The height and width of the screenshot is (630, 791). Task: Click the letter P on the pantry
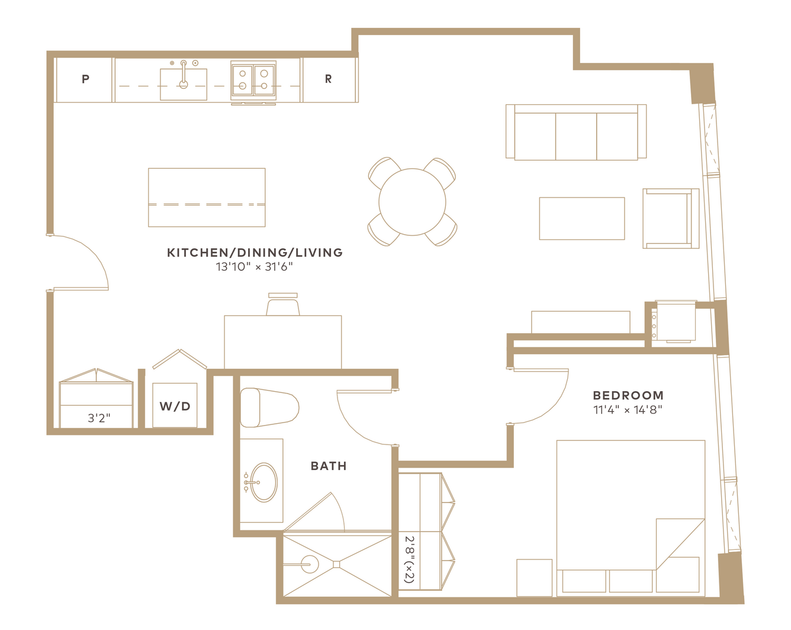85,79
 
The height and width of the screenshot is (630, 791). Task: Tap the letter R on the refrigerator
328,79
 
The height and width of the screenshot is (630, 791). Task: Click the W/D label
175,406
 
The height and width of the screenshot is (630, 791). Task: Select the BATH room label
329,466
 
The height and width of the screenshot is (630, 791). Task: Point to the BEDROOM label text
628,395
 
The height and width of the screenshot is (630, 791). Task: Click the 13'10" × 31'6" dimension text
255,267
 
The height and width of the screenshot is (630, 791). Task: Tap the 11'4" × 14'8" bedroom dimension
628,410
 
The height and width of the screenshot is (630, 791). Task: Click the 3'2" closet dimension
99,418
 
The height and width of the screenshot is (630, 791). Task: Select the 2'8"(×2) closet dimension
410,559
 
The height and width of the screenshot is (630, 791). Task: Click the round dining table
413,202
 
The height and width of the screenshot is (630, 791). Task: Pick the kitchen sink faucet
184,75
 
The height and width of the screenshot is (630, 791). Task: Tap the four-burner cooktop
253,81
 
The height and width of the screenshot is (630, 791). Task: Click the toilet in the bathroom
269,407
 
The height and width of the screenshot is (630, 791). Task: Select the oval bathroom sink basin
264,482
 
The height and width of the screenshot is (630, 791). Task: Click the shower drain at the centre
336,564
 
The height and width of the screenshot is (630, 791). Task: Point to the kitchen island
207,197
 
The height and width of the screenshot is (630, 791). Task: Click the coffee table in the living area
582,219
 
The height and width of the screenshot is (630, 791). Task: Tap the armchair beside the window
671,219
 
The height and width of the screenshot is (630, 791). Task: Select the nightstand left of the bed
534,578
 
